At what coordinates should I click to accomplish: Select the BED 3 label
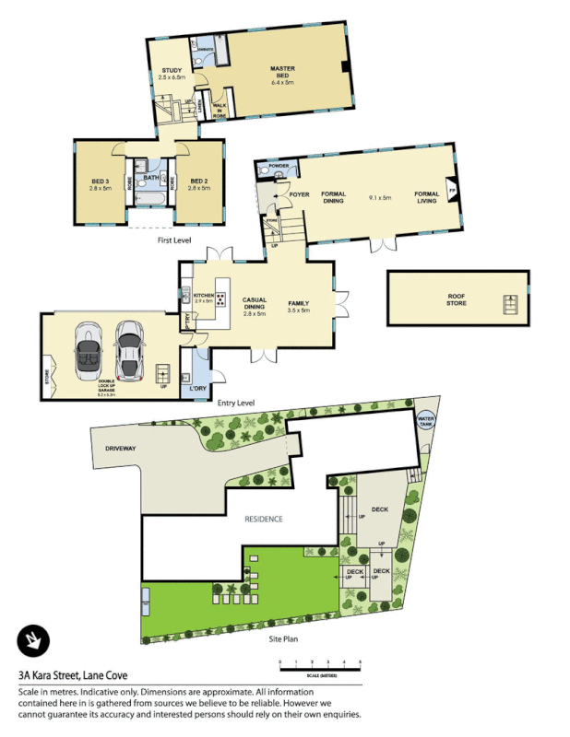pos(100,181)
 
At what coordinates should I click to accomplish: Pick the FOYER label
pos(299,195)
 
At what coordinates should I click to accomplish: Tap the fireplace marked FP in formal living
pos(451,192)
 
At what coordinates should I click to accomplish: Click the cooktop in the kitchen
pos(221,298)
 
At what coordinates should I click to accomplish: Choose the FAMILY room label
pos(298,303)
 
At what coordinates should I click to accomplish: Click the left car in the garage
pos(89,352)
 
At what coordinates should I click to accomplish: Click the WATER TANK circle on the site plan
pos(425,421)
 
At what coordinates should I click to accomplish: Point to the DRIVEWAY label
pos(125,450)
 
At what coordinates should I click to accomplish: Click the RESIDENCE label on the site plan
pos(263,520)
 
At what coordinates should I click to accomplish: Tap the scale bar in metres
pos(320,665)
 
